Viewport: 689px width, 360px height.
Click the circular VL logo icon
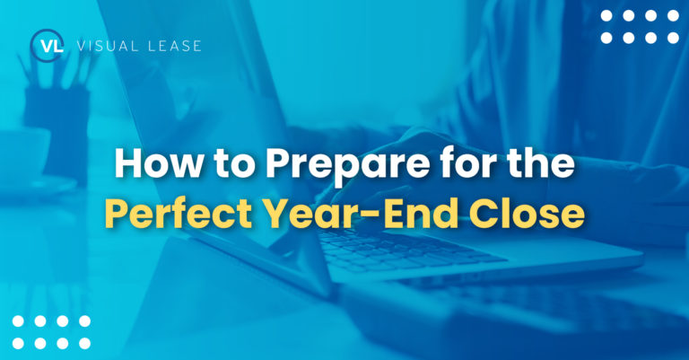pyautogui.click(x=46, y=46)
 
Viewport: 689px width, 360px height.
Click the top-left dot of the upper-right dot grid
pyautogui.click(x=607, y=15)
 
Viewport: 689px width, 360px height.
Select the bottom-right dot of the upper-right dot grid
pyautogui.click(x=671, y=38)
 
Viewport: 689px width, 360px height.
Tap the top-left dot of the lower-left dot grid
pyautogui.click(x=18, y=321)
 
